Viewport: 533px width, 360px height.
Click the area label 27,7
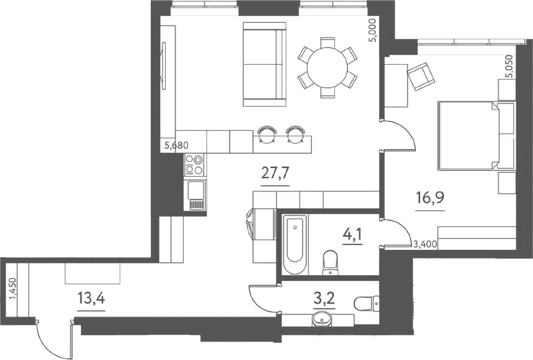point(275,173)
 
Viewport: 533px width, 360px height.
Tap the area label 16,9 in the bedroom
point(430,198)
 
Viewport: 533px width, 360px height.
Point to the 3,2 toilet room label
point(324,299)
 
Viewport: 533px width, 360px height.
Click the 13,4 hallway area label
point(91,299)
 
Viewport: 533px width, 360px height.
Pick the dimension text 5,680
point(176,146)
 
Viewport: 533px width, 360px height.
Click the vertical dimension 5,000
point(374,30)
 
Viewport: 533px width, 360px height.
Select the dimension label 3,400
point(425,244)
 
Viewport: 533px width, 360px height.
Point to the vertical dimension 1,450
point(13,289)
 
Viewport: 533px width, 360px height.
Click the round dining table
point(328,68)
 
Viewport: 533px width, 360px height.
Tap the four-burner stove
point(194,165)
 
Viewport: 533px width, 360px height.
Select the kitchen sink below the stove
point(195,195)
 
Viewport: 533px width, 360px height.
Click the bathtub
point(295,245)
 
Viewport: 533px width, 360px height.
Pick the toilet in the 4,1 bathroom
point(330,262)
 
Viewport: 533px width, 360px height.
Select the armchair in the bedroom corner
point(421,76)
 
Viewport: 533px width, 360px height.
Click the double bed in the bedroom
point(476,135)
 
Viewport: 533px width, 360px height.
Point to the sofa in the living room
point(264,64)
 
